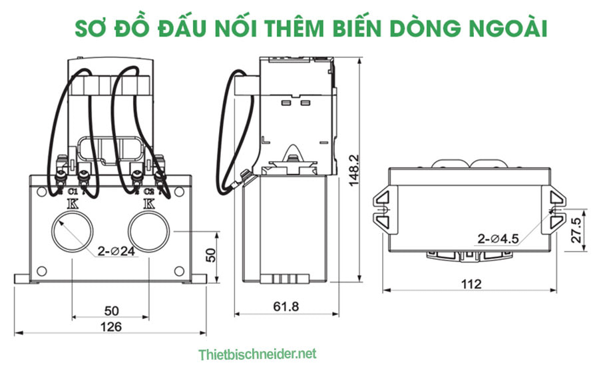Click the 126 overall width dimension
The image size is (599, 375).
tap(110, 326)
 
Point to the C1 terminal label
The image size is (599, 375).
tap(72, 194)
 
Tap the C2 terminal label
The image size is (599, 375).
tap(148, 194)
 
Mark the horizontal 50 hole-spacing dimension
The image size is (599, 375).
tap(110, 311)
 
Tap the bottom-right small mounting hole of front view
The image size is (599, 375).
tap(178, 270)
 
